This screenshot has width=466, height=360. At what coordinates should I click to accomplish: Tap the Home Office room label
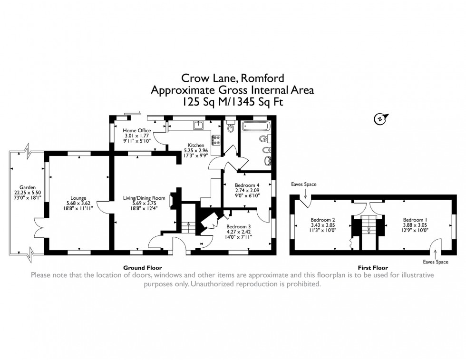point(136,131)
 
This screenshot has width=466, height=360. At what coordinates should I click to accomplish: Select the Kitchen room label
point(195,146)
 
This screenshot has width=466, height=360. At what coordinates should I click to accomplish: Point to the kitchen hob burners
point(215,140)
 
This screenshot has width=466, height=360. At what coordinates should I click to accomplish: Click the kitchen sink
point(199,125)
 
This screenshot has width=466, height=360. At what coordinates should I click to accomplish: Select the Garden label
point(26,187)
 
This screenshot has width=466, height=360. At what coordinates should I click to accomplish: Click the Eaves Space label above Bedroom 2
point(304,185)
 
